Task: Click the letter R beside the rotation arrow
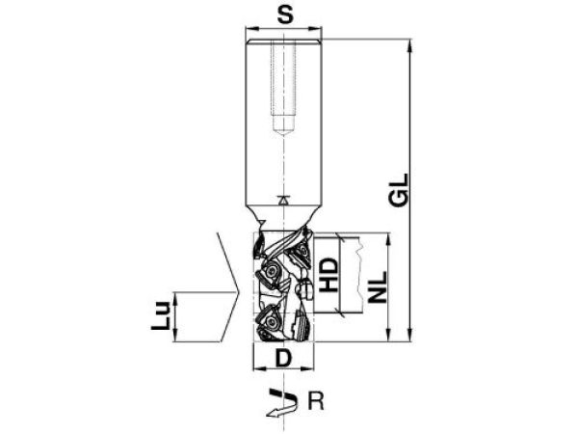(x=313, y=396)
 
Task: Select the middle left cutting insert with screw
(x=269, y=277)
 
